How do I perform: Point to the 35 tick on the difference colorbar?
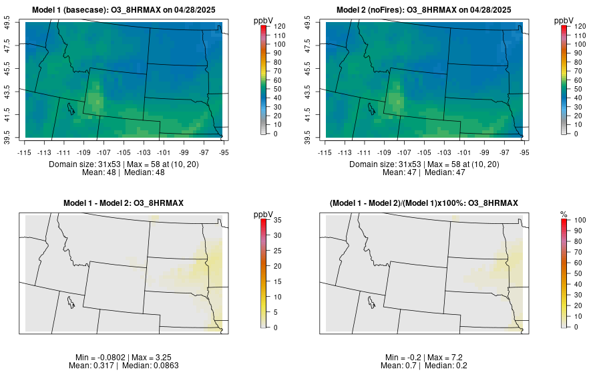tap(276, 220)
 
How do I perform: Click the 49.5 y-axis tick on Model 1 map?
tap(8, 23)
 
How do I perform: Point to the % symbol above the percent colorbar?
tap(564, 214)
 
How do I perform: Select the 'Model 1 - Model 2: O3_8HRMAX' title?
tap(123, 203)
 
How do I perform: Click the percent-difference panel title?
tap(423, 203)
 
